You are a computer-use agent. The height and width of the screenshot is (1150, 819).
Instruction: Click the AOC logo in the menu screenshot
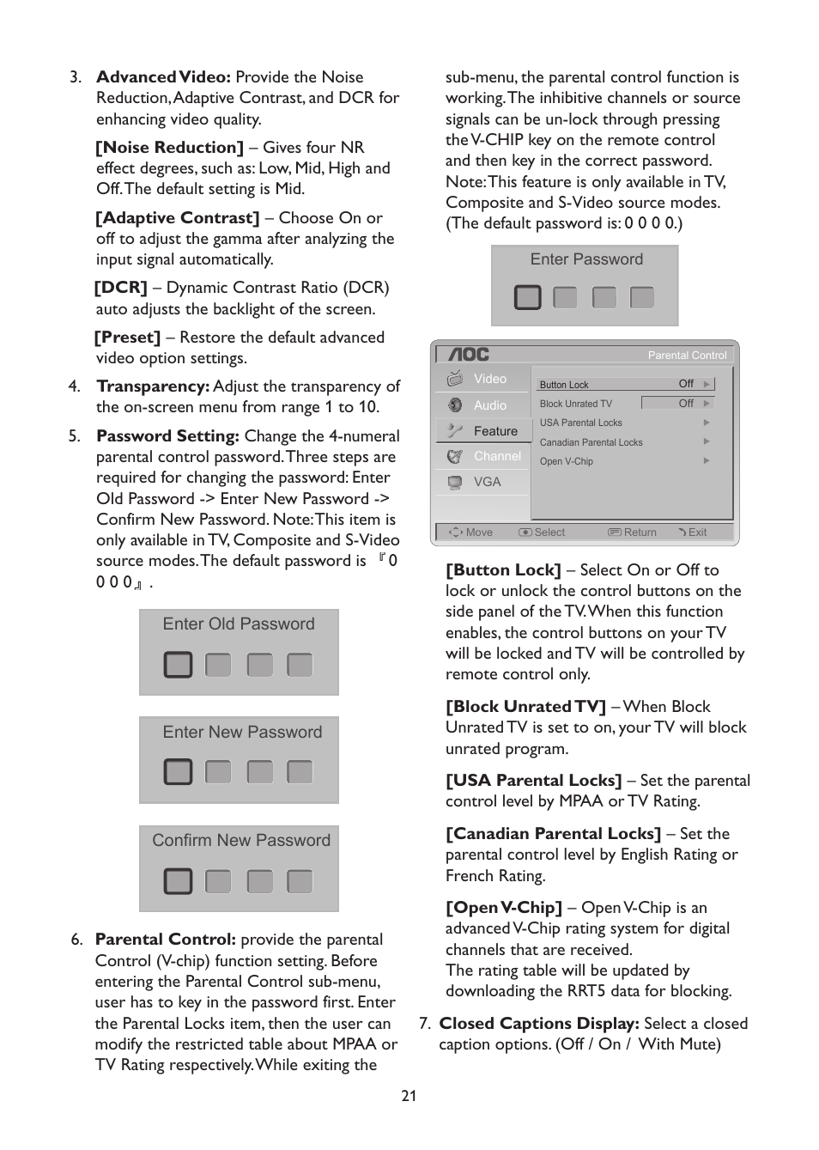coord(469,354)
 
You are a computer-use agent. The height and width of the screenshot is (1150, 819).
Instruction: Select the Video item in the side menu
coord(489,379)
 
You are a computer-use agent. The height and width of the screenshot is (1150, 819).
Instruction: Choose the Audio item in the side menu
coord(489,405)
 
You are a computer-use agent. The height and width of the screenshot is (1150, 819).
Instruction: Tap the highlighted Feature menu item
coord(494,431)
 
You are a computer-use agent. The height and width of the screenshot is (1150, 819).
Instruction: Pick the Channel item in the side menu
coord(496,456)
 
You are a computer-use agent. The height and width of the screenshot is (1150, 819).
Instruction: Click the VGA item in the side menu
coord(487,482)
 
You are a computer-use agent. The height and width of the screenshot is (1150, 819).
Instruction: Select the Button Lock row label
coord(564,385)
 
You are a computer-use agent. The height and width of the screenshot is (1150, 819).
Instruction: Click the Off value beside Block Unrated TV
coord(686,403)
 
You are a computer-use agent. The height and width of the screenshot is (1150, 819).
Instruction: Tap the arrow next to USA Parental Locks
coord(707,423)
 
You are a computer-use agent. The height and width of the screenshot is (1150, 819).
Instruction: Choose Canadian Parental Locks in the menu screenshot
coord(591,442)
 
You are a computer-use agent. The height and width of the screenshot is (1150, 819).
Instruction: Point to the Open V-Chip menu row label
coord(566,461)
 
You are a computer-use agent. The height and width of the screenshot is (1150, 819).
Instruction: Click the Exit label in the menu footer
coord(697,532)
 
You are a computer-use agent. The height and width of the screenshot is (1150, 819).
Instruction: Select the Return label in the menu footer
coord(640,532)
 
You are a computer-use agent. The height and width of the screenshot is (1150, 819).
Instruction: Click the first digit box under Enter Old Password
coord(178,665)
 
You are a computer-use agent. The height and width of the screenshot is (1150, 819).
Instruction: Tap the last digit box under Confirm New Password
coord(300,881)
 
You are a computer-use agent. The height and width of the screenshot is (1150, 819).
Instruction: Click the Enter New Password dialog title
coord(242,732)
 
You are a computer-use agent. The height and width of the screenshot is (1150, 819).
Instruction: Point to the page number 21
coord(409,1096)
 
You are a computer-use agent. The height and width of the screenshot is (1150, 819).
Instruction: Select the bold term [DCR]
coord(121,288)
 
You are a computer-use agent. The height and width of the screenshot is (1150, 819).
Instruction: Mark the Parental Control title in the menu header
coord(687,355)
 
